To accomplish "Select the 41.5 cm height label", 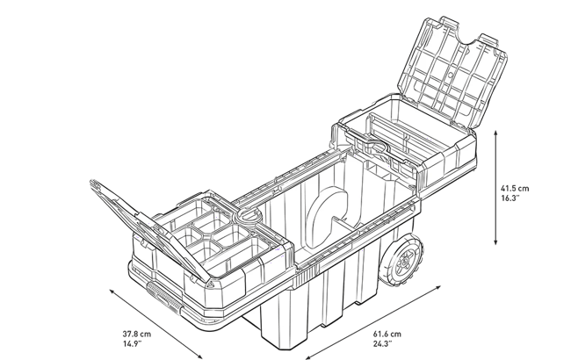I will tap(514, 187).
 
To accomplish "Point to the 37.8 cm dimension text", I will tap(135, 333).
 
